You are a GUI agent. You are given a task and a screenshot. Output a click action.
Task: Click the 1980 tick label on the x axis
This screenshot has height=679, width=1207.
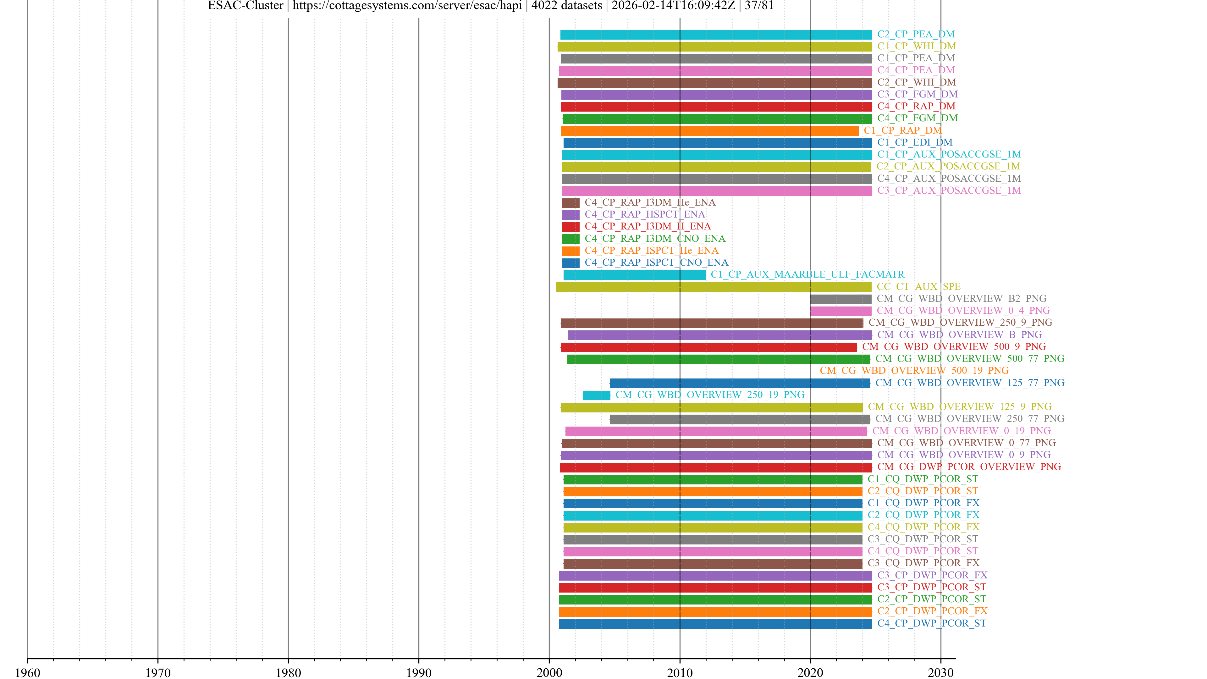[288, 672]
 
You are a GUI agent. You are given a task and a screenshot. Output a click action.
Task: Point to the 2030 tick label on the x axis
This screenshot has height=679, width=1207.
[940, 672]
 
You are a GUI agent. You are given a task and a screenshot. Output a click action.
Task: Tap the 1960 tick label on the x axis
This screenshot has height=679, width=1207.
[28, 672]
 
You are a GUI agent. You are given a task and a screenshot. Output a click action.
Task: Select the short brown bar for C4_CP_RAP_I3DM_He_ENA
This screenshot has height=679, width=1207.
[571, 203]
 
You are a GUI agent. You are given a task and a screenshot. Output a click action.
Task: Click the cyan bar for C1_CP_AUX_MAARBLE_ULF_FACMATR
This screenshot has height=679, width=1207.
[634, 275]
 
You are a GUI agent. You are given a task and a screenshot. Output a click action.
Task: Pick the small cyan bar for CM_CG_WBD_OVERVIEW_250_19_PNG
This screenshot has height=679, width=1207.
[597, 395]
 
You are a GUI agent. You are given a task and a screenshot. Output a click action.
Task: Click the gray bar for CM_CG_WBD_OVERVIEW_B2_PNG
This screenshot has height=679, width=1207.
[840, 299]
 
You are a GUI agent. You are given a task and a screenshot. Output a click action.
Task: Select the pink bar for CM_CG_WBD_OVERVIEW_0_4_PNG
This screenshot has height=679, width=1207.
[840, 311]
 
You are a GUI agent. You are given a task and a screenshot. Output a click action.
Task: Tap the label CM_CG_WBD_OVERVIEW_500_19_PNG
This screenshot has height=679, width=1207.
[914, 371]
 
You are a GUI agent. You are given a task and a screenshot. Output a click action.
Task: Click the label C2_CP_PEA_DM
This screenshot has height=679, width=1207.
[916, 34]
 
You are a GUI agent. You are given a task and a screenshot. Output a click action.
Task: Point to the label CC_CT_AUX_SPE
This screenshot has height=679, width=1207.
[918, 287]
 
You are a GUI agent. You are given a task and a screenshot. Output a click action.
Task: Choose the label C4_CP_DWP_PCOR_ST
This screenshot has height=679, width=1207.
[931, 623]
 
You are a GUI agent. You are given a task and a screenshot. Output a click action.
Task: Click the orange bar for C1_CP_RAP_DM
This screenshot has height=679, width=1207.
[709, 131]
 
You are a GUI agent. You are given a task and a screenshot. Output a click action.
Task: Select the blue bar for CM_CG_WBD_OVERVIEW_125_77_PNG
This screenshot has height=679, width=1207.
[739, 383]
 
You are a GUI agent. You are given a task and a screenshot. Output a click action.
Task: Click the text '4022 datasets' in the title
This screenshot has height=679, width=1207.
[566, 6]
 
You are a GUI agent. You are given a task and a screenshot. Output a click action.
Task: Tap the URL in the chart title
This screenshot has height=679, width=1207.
[407, 6]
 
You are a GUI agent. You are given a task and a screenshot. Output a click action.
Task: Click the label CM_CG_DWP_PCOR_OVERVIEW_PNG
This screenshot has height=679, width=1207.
[969, 467]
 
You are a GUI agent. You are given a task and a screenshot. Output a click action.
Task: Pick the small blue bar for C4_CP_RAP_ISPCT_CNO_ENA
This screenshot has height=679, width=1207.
[571, 263]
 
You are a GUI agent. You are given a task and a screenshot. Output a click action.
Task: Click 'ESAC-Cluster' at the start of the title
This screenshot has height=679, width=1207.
[245, 6]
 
